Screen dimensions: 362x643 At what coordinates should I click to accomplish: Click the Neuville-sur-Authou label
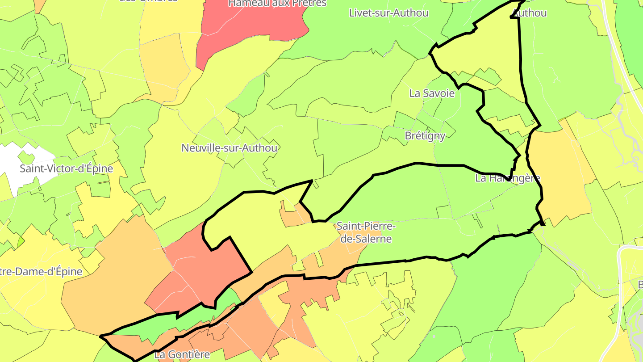click(229, 148)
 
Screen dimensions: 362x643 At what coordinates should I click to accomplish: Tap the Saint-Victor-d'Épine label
click(67, 169)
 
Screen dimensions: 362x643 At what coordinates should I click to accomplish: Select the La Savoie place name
click(432, 93)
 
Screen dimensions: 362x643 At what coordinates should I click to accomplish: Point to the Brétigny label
click(425, 136)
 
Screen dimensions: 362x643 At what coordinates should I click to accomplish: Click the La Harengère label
click(508, 178)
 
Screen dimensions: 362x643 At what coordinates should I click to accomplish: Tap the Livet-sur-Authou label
click(388, 13)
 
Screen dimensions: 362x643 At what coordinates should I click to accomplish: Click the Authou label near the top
click(530, 13)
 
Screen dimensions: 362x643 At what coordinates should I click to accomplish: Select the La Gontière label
click(182, 355)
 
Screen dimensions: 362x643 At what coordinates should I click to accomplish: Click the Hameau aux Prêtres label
click(277, 4)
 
